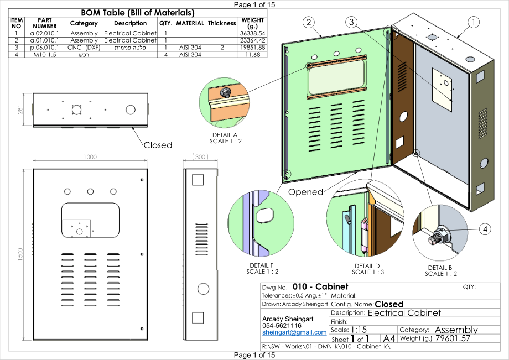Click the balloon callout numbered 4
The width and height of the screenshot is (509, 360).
point(485,229)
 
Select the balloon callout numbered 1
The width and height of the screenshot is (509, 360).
point(473,22)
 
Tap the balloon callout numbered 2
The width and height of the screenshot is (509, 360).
point(308,22)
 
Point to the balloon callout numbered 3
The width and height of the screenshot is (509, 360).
point(351,22)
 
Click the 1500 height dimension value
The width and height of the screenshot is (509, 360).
point(20,254)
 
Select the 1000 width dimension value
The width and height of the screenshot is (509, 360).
point(90,157)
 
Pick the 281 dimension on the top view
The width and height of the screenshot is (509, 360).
point(20,109)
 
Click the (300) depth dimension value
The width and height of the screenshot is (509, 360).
point(200,157)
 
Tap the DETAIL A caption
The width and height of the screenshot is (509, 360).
point(225,135)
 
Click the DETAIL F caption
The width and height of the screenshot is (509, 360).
point(262,265)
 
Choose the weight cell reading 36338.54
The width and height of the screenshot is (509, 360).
point(252,33)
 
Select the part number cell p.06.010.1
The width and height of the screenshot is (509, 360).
point(44,48)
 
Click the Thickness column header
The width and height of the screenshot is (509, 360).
point(222,23)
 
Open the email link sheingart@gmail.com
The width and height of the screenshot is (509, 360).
point(294,332)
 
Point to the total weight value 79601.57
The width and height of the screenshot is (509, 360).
point(453,338)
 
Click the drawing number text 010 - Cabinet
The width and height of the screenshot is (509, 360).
point(320,286)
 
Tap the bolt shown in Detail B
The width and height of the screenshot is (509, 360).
point(439,236)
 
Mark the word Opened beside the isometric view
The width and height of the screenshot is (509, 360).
point(305,192)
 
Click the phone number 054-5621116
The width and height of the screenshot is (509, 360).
point(282,326)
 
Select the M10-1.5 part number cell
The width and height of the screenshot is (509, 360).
point(44,55)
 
